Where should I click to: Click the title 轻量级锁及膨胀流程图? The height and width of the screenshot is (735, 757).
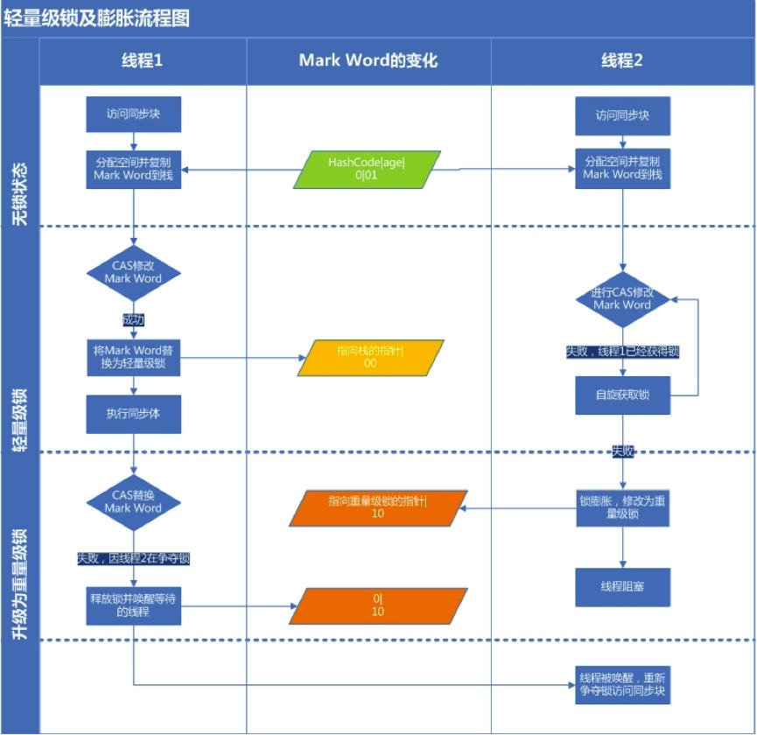pyautogui.click(x=97, y=17)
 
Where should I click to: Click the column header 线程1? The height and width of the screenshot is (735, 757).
pyautogui.click(x=142, y=60)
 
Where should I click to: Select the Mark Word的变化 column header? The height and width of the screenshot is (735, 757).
pyautogui.click(x=368, y=60)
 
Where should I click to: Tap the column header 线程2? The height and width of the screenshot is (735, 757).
pyautogui.click(x=622, y=60)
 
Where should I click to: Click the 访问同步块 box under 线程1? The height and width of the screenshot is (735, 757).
pyautogui.click(x=133, y=115)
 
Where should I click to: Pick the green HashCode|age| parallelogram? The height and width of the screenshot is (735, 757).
pyautogui.click(x=366, y=169)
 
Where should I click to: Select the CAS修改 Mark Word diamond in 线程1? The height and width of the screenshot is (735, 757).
pyautogui.click(x=133, y=272)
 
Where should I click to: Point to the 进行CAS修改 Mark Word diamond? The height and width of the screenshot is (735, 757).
pyautogui.click(x=622, y=298)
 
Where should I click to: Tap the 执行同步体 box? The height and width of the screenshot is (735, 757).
pyautogui.click(x=133, y=414)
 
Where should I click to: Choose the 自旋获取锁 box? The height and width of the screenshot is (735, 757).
pyautogui.click(x=622, y=395)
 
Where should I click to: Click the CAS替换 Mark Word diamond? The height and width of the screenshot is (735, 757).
pyautogui.click(x=133, y=501)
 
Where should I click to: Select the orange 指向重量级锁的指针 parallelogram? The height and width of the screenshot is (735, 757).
pyautogui.click(x=376, y=507)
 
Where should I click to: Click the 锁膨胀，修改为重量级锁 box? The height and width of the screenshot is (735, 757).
pyautogui.click(x=622, y=507)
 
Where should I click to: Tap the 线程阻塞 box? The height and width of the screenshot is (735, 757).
pyautogui.click(x=622, y=587)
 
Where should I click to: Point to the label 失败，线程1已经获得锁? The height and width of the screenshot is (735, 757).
pyautogui.click(x=622, y=352)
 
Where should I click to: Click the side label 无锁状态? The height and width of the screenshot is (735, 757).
pyautogui.click(x=20, y=192)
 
